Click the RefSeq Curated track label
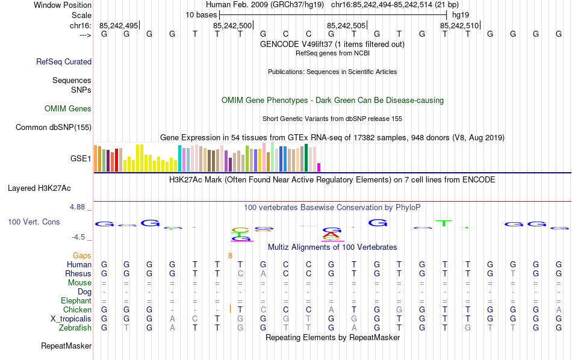click(64, 61)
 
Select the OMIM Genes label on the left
click(68, 109)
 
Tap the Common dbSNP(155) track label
click(54, 127)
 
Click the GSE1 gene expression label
click(81, 159)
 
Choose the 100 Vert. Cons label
click(34, 222)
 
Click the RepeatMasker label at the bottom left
click(66, 346)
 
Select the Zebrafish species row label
click(75, 328)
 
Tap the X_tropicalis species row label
click(71, 319)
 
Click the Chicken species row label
click(77, 310)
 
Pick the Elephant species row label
click(76, 301)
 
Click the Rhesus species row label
click(78, 274)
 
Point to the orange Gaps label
click(82, 256)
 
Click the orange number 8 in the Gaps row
click(230, 256)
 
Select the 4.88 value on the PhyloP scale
click(77, 207)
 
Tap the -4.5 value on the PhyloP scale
click(79, 237)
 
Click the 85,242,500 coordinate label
click(232, 25)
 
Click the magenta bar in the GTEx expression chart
click(319, 167)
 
